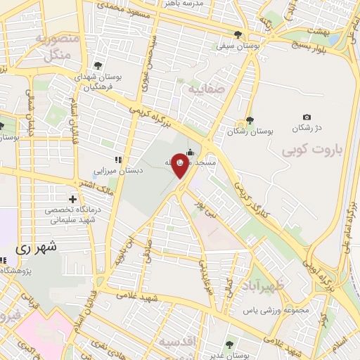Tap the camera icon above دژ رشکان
306,117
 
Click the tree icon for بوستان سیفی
238,34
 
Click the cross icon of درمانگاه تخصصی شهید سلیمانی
72,199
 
